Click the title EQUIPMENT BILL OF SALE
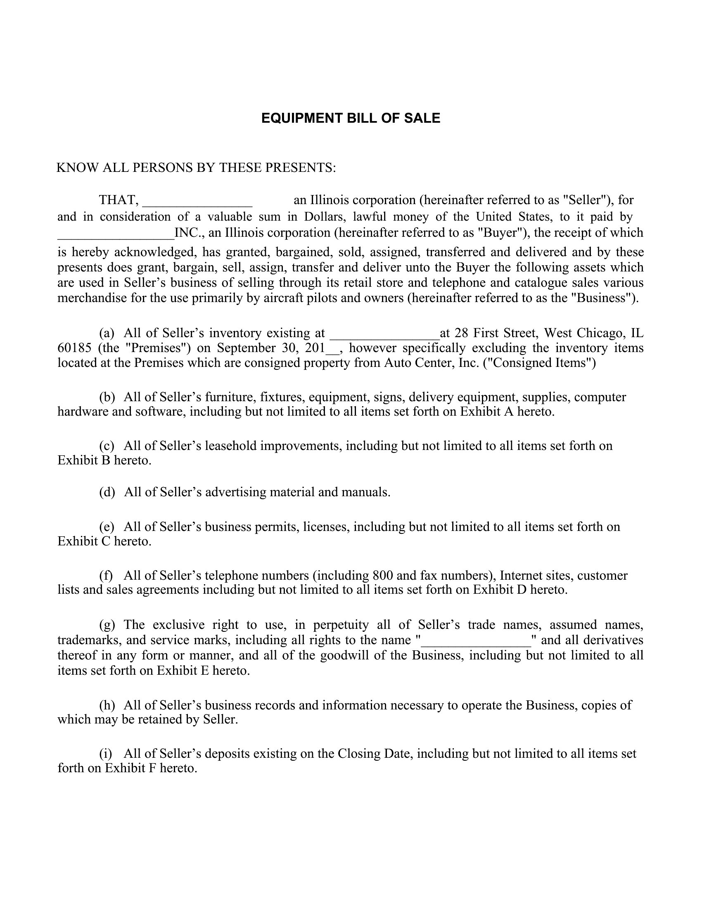(x=350, y=118)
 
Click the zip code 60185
(x=74, y=348)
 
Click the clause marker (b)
(x=107, y=397)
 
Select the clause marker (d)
(x=107, y=493)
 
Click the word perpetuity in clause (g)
(x=341, y=625)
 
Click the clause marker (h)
(x=107, y=705)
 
